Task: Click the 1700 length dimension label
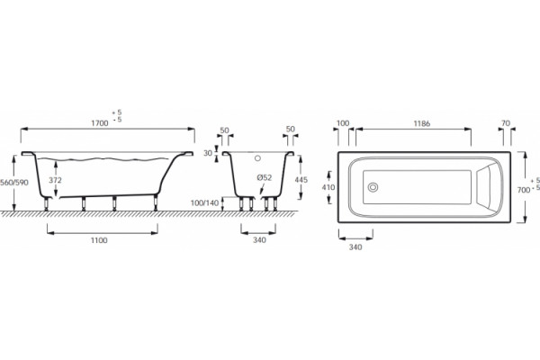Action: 100,123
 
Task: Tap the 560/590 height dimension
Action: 14,182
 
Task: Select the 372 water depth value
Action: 55,180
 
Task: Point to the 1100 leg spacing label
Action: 99,240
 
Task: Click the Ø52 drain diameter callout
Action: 264,178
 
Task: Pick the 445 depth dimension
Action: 301,179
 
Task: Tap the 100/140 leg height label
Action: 205,202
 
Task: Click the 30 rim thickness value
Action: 208,153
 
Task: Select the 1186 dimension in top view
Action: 422,123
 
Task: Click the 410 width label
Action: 328,187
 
